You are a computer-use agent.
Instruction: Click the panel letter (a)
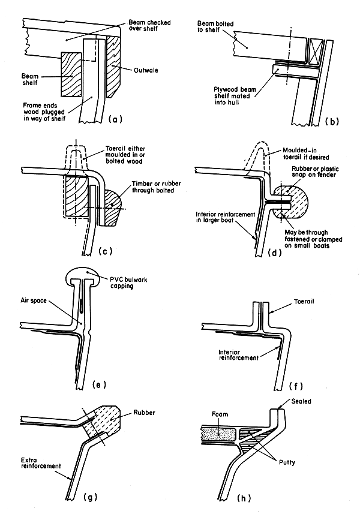pyautogui.click(x=113, y=119)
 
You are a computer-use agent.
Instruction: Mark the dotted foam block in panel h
pyautogui.click(x=218, y=432)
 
